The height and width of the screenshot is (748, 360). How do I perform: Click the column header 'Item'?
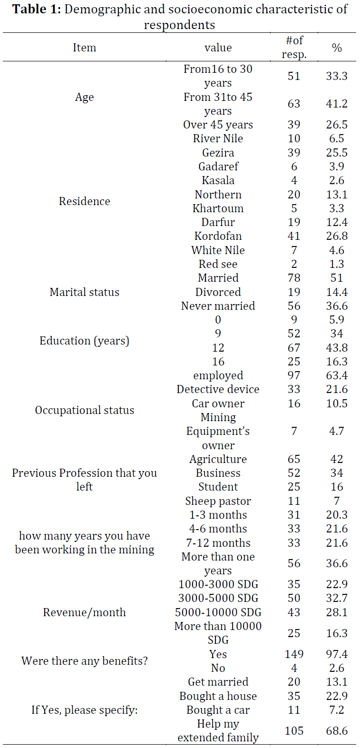pos(84,48)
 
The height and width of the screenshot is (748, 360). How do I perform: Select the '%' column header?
pos(337,48)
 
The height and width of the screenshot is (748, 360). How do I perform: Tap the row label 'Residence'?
pos(84,201)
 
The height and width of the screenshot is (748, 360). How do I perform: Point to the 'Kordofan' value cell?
pos(218,236)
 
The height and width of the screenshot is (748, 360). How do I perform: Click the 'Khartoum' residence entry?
pos(218,208)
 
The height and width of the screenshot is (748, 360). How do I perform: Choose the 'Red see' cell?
pos(218,264)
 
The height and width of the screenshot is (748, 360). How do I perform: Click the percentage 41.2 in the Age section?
pos(337,104)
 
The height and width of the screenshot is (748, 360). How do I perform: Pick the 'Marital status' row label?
pos(84,292)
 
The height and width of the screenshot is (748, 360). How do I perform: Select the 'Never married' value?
pos(218,306)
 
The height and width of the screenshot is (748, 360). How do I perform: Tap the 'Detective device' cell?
pos(218,389)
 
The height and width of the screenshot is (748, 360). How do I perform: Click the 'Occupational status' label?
pos(84,410)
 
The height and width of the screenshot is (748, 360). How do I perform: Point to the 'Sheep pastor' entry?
pos(218,501)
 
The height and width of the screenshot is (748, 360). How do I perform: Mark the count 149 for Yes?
pos(294,654)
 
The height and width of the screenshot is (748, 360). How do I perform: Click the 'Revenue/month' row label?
pos(84,612)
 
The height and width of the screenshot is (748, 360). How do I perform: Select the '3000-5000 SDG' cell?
pos(218,598)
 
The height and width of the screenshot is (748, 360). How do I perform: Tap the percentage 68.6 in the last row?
pos(337,731)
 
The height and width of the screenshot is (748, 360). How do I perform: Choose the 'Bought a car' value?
pos(218,710)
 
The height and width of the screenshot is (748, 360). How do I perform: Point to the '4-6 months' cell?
pos(218,529)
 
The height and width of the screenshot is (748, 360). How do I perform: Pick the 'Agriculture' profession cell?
pos(218,459)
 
